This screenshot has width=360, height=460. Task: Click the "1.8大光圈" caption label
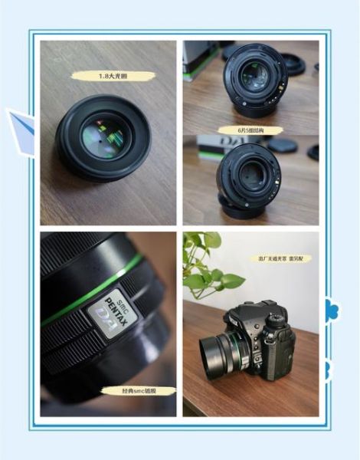tap(113, 76)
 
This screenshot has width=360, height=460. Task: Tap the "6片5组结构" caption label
tap(250, 130)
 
